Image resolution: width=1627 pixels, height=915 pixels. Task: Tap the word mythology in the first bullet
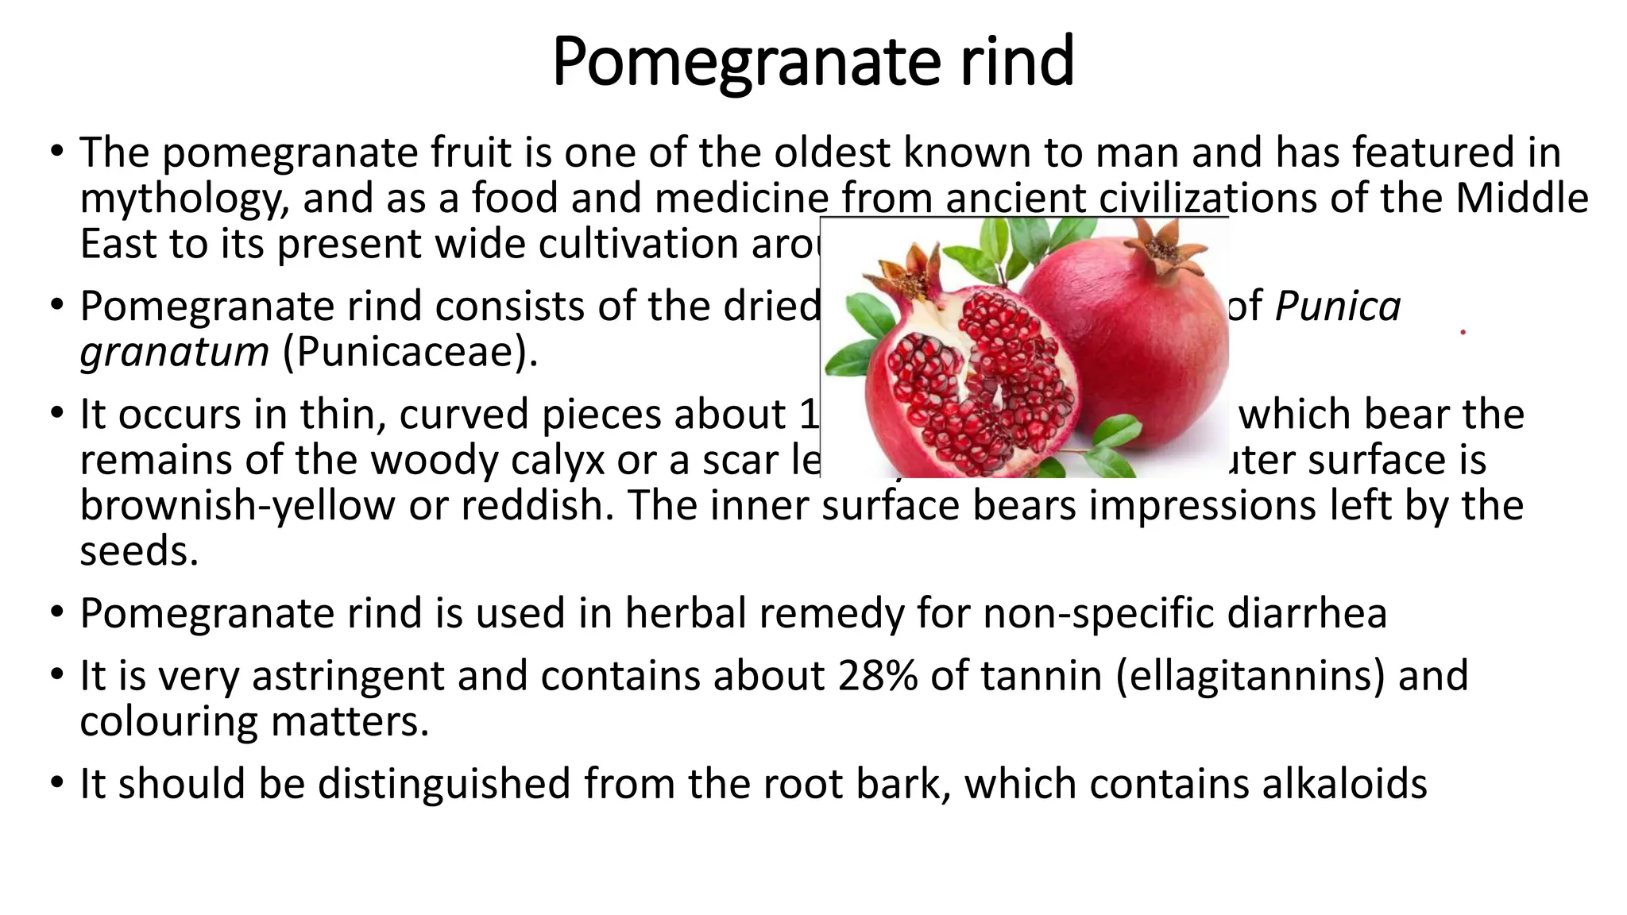(x=184, y=199)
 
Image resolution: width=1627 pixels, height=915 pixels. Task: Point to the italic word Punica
(x=1338, y=307)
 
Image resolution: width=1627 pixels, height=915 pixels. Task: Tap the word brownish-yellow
(x=238, y=506)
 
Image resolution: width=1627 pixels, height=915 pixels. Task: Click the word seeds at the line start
(x=138, y=551)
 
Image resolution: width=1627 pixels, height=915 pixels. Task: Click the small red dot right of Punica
(x=1463, y=332)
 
